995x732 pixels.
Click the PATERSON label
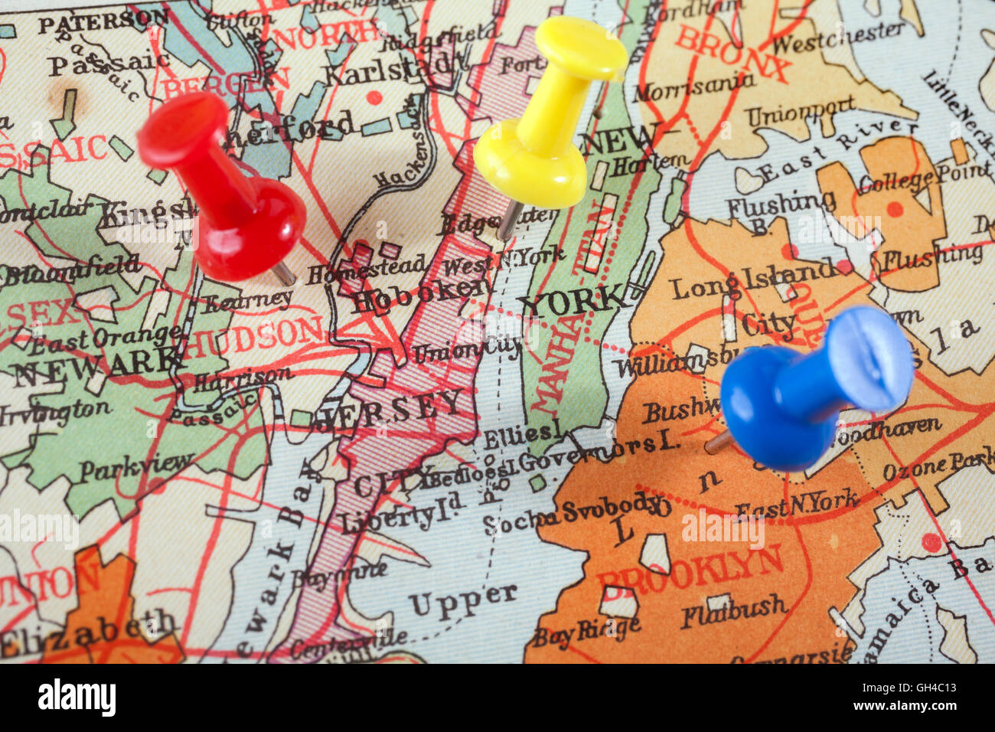click(103, 20)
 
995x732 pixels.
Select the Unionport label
click(800, 111)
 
